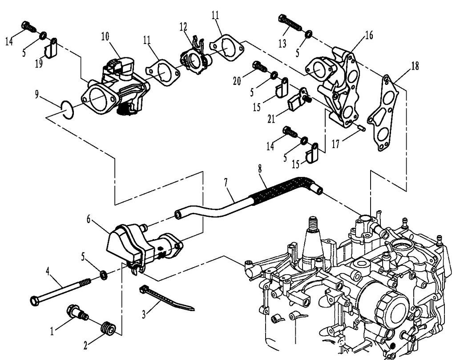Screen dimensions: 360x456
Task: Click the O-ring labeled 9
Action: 67,109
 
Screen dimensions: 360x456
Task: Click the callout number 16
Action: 368,35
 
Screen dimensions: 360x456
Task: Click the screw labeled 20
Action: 259,67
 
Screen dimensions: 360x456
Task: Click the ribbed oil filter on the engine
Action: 384,305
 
